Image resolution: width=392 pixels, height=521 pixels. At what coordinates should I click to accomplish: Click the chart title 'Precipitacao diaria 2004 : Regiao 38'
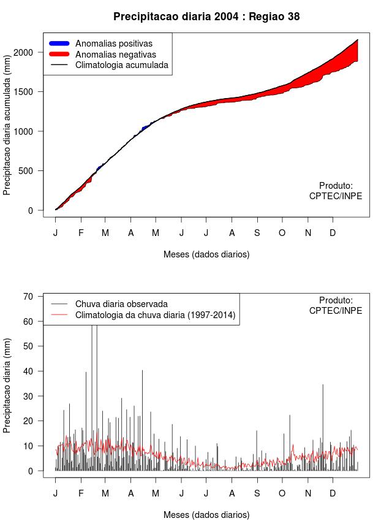tap(206, 17)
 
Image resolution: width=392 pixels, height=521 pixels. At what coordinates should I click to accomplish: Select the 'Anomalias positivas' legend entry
tap(113, 44)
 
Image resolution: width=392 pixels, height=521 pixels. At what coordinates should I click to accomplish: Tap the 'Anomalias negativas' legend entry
tap(115, 55)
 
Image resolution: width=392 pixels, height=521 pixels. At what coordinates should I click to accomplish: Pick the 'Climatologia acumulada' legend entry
tap(121, 65)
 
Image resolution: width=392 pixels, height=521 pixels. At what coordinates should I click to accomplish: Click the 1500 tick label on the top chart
tap(28, 92)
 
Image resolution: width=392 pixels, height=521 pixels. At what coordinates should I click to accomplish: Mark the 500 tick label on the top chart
tap(31, 171)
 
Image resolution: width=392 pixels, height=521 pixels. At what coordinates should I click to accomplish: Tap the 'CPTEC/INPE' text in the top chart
tap(335, 196)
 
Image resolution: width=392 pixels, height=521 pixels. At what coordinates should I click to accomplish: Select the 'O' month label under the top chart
tap(282, 233)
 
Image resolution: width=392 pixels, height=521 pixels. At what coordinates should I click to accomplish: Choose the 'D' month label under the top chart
tap(333, 233)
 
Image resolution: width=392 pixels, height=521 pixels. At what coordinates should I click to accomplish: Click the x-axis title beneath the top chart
tap(206, 254)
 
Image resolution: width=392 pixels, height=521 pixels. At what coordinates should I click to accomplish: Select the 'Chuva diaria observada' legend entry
tap(121, 303)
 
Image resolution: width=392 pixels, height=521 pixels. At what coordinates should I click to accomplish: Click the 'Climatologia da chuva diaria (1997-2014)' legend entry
tap(155, 315)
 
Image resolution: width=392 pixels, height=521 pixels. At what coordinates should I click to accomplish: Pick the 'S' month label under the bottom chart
tap(257, 493)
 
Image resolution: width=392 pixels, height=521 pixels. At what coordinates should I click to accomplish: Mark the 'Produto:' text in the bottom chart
tap(336, 300)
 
